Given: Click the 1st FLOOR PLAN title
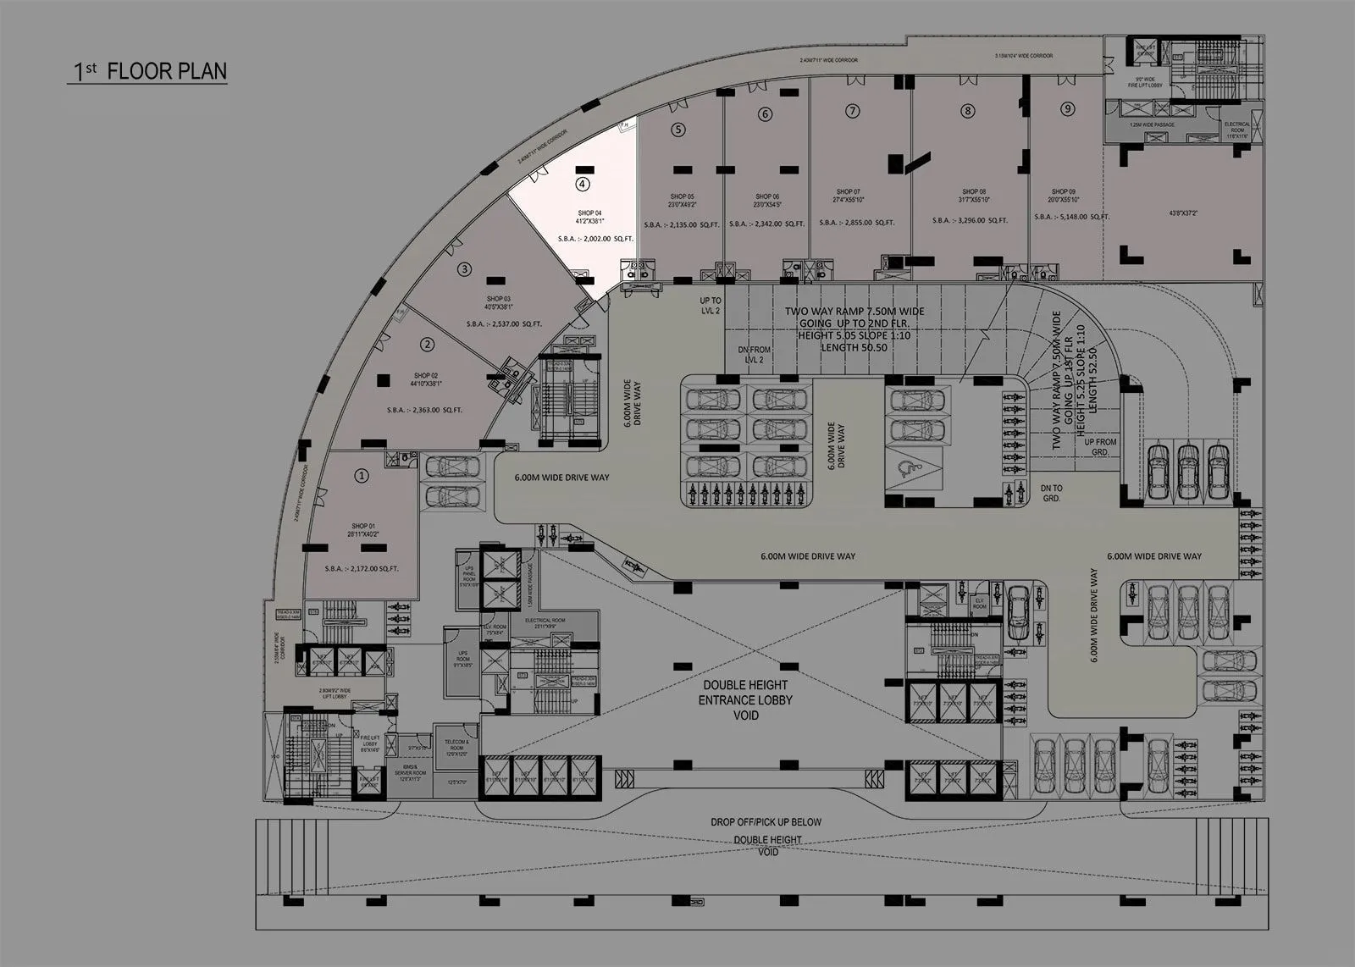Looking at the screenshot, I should coord(149,71).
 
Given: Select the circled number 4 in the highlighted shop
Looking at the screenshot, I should coord(582,183).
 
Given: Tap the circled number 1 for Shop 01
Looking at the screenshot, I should coord(362,476).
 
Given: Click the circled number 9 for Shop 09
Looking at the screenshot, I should coord(1067,108).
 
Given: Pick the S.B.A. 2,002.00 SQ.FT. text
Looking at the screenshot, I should coord(595,240).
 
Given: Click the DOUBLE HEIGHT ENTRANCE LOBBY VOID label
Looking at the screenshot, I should coord(745,699).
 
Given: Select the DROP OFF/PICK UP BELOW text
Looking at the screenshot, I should coord(766,822).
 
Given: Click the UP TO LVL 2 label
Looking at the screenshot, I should coord(711,306).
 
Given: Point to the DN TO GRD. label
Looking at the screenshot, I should coord(1051,493).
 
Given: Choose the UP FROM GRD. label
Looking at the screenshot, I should coord(1100,447).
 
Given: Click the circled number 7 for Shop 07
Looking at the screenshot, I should coord(853,111).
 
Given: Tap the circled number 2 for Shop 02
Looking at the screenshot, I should coord(428,344).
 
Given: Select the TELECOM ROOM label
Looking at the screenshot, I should coord(456,745).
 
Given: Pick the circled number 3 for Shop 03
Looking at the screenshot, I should coord(464,269).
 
